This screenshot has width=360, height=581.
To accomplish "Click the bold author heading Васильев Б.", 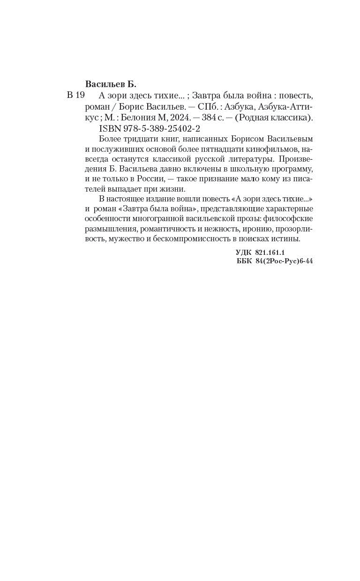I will (111, 84).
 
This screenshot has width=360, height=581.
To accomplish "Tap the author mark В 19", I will (75, 96).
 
